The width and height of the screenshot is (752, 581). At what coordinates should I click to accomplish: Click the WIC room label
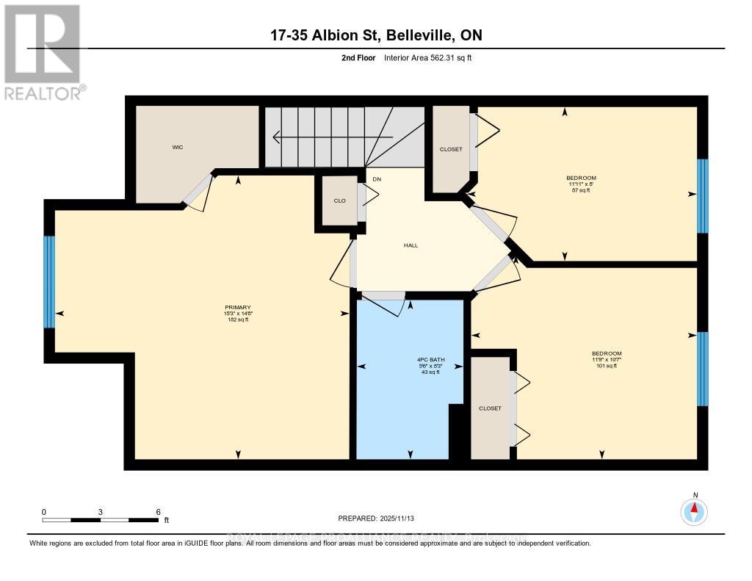tap(178, 148)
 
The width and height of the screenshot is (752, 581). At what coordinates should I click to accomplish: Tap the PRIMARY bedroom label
tap(238, 307)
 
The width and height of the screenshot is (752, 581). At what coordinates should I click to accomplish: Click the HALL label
tap(411, 245)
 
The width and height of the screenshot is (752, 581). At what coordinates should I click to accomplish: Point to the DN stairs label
tap(377, 179)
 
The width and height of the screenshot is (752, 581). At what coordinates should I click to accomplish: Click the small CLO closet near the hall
tap(340, 201)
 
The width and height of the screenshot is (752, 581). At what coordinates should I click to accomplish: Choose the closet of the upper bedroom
tap(451, 149)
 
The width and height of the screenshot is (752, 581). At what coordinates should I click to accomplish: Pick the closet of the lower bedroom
tap(490, 408)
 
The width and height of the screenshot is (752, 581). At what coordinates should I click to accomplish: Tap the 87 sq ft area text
tap(581, 190)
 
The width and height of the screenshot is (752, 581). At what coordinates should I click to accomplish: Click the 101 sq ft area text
tap(607, 366)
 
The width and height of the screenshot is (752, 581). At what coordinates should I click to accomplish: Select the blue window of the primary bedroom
tap(49, 281)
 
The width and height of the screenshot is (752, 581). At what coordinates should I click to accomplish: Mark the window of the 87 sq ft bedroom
tap(702, 195)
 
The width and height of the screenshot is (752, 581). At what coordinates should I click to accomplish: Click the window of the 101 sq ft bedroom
tap(702, 369)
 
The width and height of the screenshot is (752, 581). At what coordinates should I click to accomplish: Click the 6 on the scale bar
tap(158, 512)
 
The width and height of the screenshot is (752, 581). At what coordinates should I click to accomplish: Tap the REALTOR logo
tap(43, 51)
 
